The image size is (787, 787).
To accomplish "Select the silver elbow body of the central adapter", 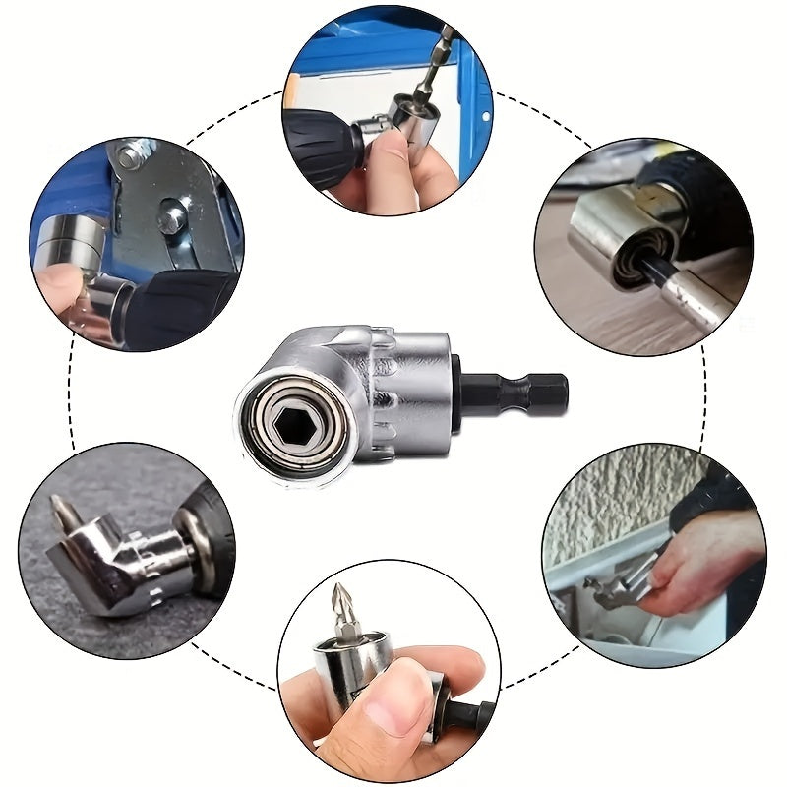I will (379, 384).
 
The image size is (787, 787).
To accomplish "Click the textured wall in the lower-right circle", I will (610, 492).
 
